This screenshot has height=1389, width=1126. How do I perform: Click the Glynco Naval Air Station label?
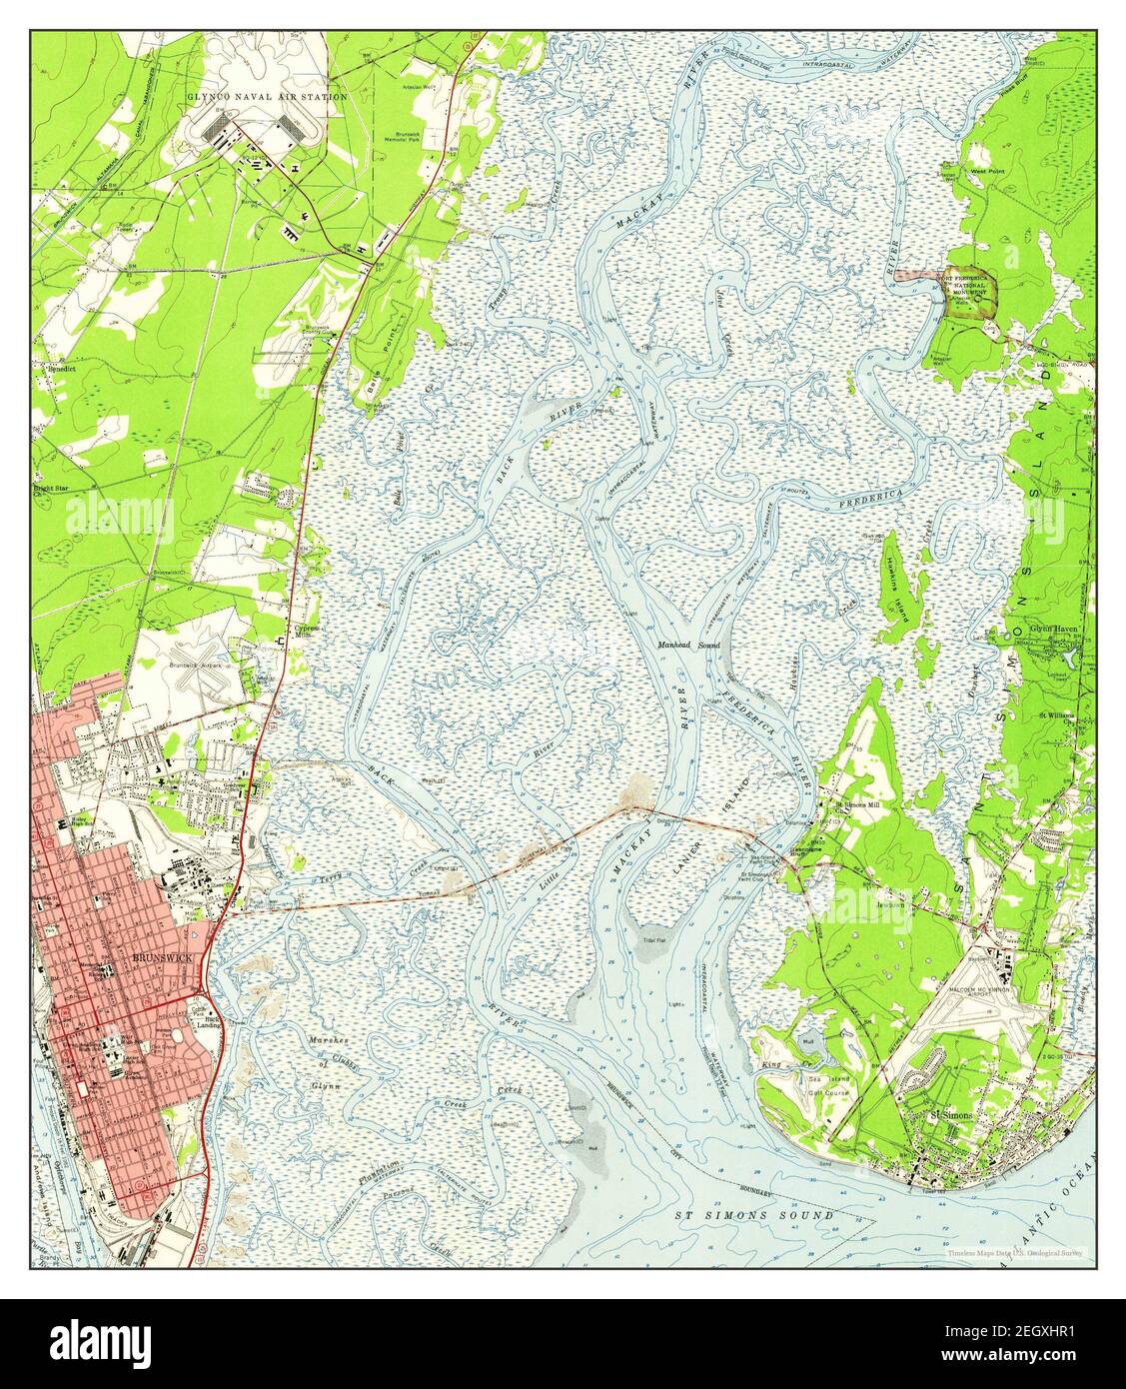point(266,97)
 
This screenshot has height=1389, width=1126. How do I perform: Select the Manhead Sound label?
point(688,647)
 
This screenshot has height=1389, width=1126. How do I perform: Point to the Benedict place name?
point(57,367)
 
